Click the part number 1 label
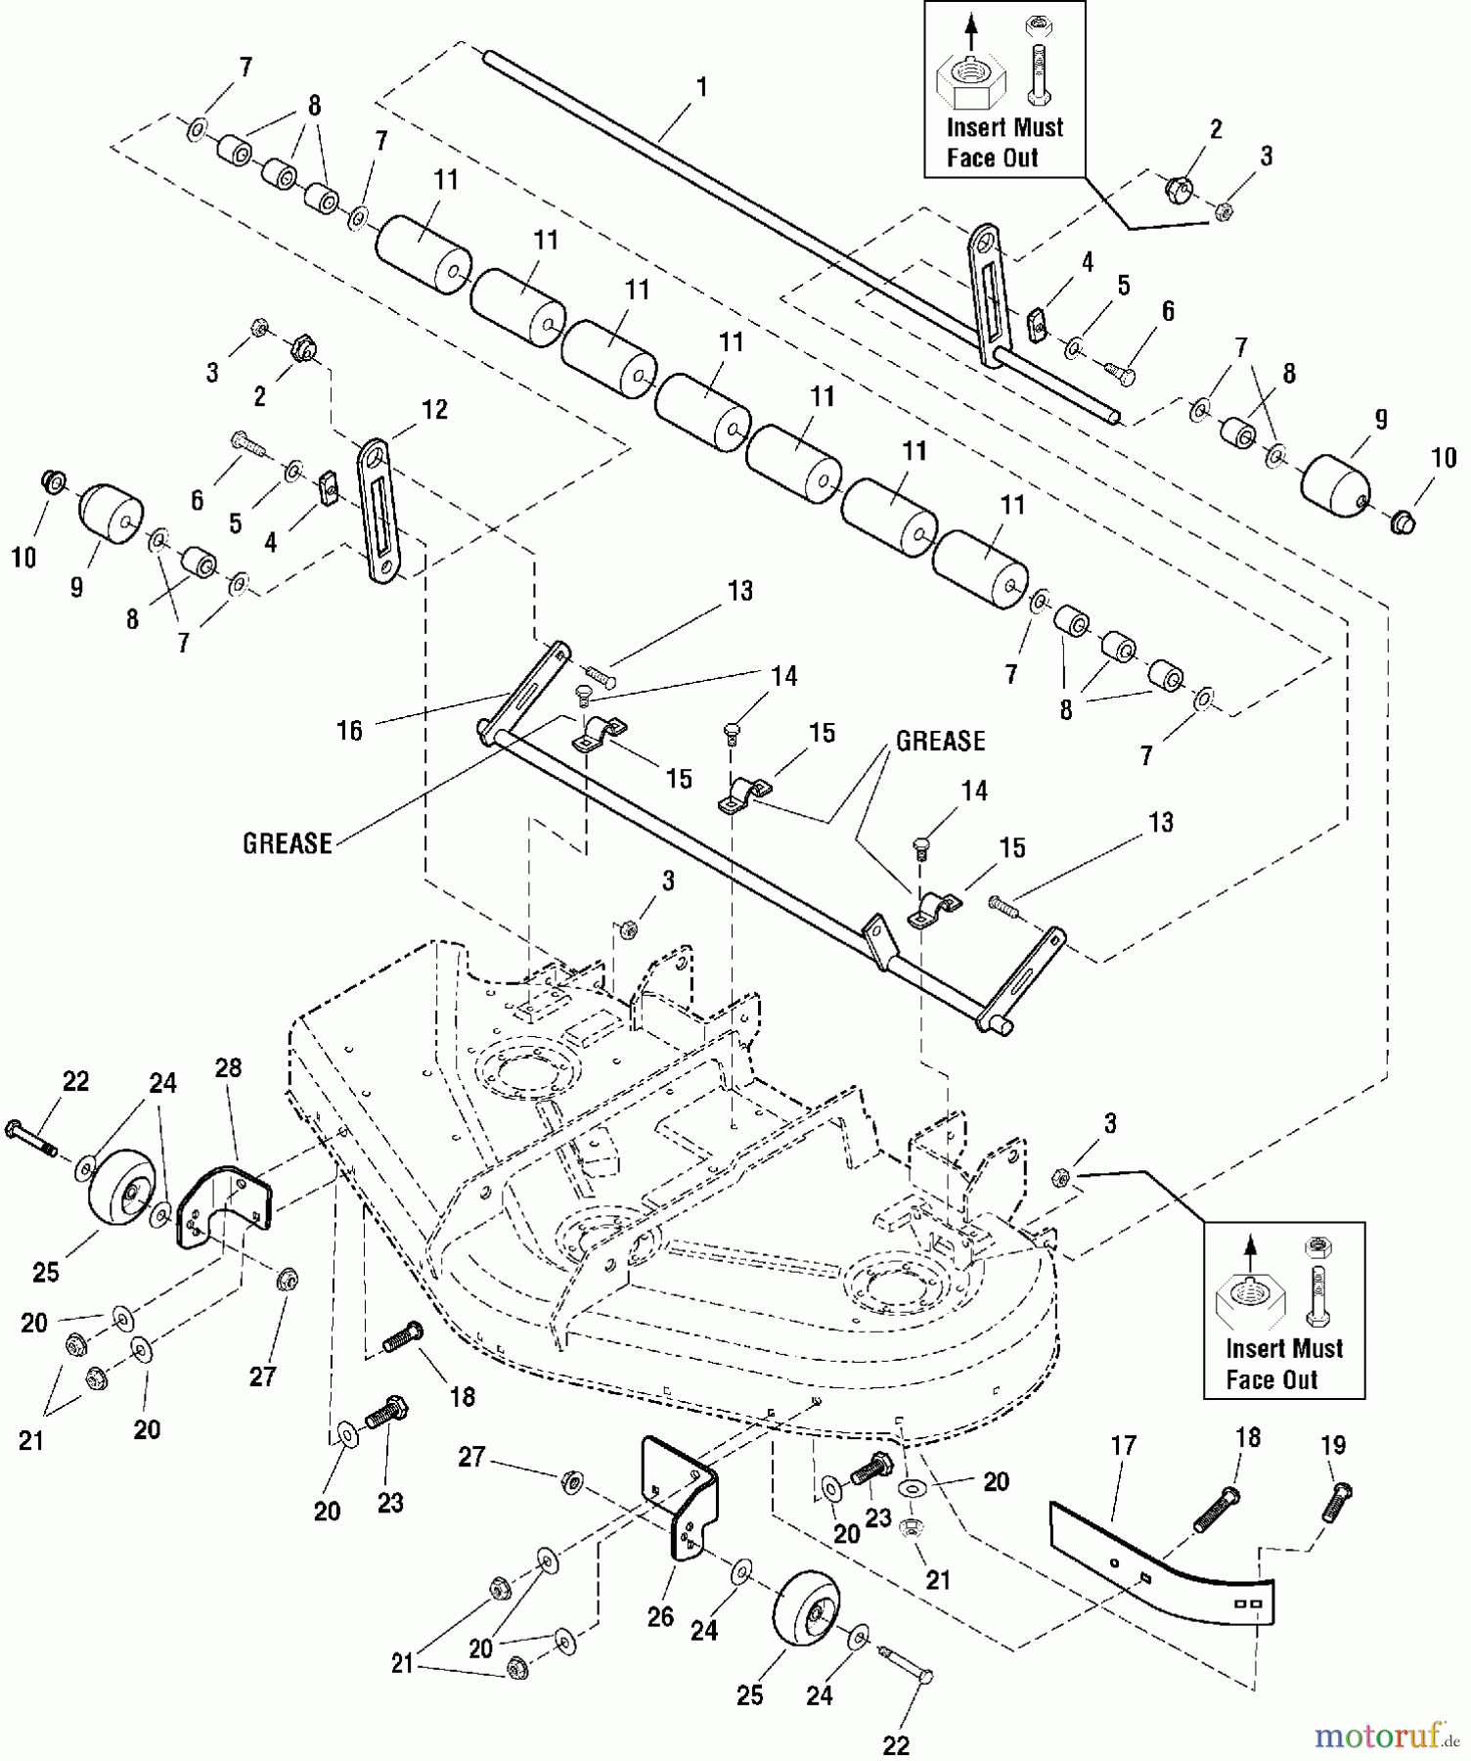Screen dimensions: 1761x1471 (701, 87)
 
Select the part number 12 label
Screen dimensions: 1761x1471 (434, 410)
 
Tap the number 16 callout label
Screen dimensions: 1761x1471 (349, 730)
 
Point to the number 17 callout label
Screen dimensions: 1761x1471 (1124, 1445)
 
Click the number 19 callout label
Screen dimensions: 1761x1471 (1333, 1445)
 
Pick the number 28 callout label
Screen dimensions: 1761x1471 (228, 1067)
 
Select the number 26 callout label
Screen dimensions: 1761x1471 (660, 1616)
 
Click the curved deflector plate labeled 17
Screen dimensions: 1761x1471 (1164, 1566)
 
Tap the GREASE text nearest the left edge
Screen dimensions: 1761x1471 (288, 843)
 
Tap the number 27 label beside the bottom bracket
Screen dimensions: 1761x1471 (471, 1457)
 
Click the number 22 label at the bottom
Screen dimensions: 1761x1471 (896, 1744)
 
